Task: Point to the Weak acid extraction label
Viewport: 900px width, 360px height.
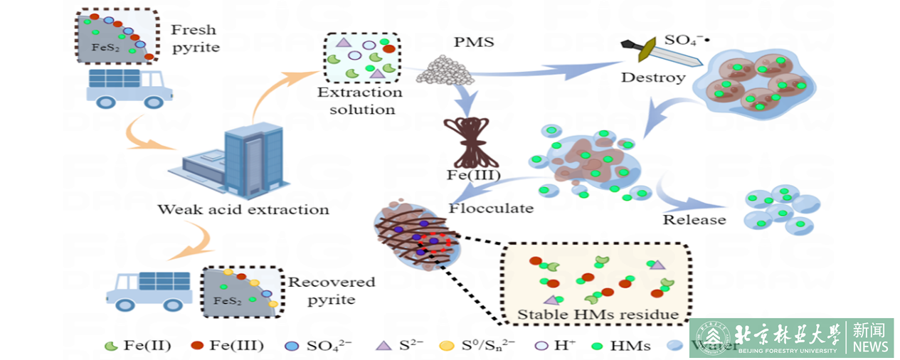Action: click(243, 209)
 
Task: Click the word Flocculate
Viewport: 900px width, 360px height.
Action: click(491, 208)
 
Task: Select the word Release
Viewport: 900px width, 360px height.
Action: click(694, 220)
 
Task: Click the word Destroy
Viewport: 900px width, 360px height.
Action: click(653, 77)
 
